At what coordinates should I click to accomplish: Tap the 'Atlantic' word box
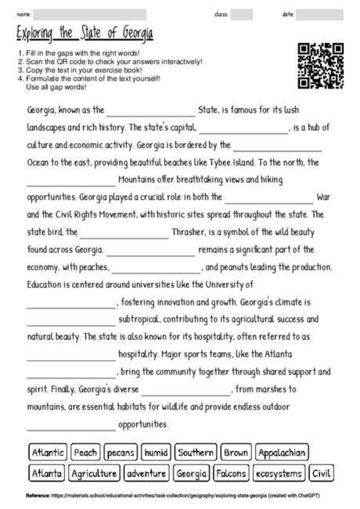(47, 453)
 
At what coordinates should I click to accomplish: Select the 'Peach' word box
(86, 453)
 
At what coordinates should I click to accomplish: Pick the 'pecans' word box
(121, 453)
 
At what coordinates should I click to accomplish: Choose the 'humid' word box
(157, 453)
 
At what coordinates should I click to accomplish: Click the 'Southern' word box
(196, 453)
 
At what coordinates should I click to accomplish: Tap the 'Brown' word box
(236, 453)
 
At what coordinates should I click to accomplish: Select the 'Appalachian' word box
(281, 453)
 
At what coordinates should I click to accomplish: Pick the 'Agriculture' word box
(94, 473)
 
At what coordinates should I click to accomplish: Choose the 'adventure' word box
(146, 473)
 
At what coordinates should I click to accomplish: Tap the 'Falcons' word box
(231, 473)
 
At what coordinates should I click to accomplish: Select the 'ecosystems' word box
(279, 473)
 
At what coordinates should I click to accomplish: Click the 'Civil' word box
(321, 473)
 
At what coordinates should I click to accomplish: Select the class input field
(242, 14)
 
